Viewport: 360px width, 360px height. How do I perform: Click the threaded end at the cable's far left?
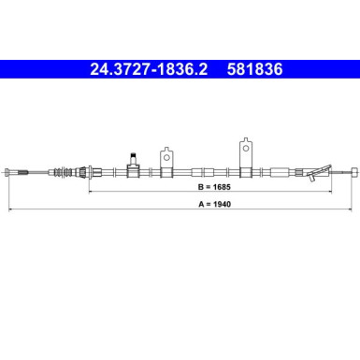coord(10,171)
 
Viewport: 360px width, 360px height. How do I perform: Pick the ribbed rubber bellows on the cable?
coord(65,171)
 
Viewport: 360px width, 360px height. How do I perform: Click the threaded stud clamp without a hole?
coord(134,166)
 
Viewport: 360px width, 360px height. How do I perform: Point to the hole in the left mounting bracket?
coord(167,151)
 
